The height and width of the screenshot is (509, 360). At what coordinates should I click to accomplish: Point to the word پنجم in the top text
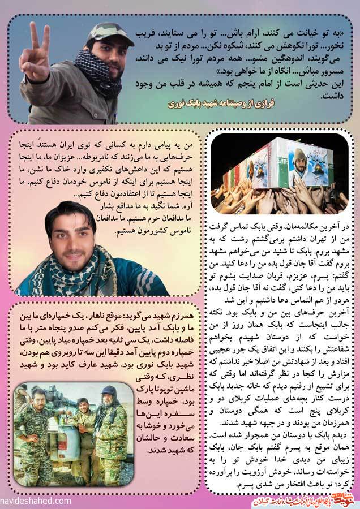tap(243, 83)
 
